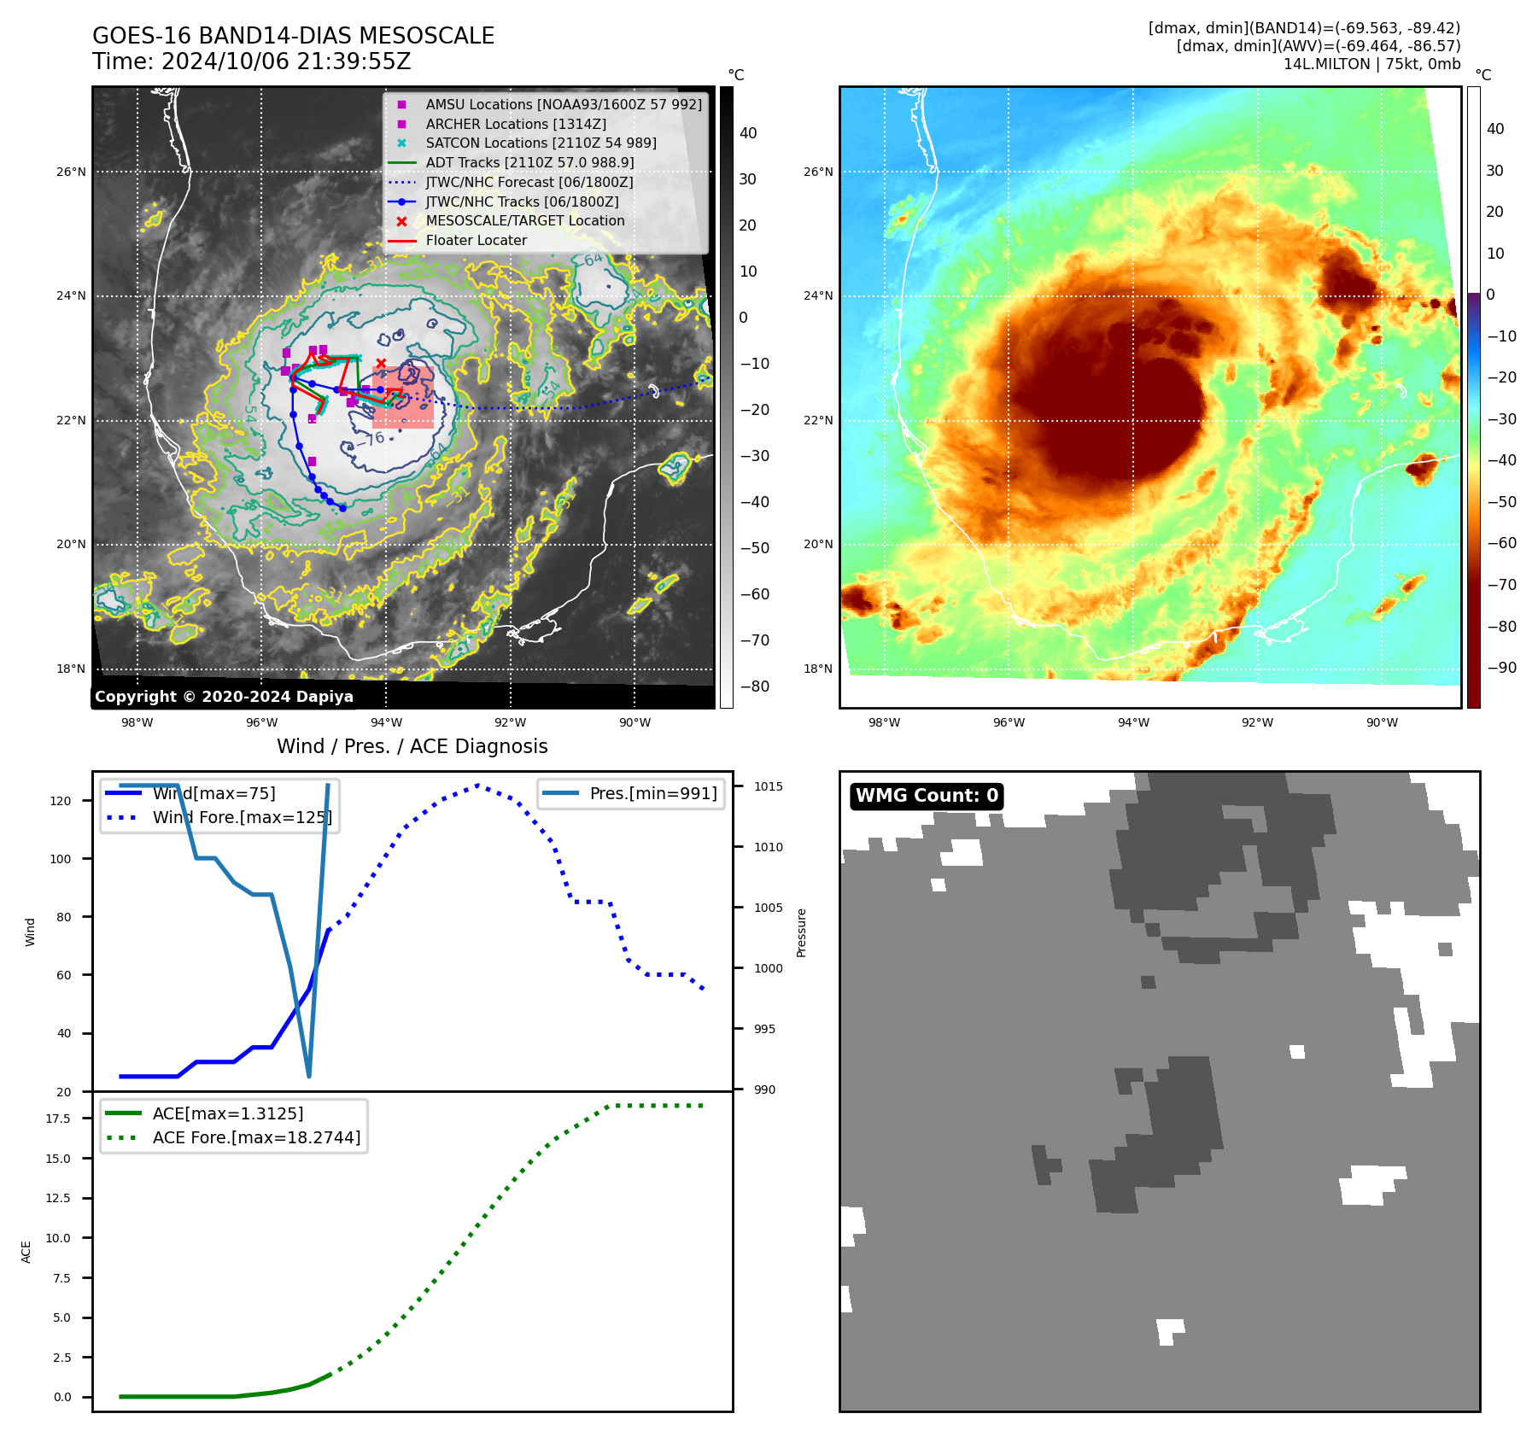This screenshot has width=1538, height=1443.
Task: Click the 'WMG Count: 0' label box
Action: (x=927, y=796)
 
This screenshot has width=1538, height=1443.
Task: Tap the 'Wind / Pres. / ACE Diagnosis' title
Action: (x=412, y=746)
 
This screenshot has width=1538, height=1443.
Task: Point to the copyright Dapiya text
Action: (x=224, y=697)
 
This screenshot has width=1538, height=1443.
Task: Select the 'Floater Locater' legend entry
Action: (x=476, y=240)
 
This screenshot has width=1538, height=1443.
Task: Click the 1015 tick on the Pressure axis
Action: (x=768, y=786)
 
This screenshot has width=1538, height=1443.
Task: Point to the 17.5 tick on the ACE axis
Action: (x=58, y=1119)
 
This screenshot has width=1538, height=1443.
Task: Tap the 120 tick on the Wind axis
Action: (x=61, y=801)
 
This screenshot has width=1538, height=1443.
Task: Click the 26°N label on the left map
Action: (x=72, y=172)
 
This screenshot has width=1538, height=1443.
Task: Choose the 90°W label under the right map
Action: (x=1382, y=722)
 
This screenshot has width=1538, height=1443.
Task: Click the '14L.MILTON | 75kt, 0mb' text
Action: (x=1371, y=64)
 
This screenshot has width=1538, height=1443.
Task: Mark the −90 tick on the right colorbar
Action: (x=1501, y=668)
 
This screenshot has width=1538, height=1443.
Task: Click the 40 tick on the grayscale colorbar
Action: (x=748, y=133)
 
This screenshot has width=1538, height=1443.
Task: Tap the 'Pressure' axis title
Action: (x=801, y=932)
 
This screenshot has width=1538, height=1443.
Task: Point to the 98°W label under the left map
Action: (x=137, y=722)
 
